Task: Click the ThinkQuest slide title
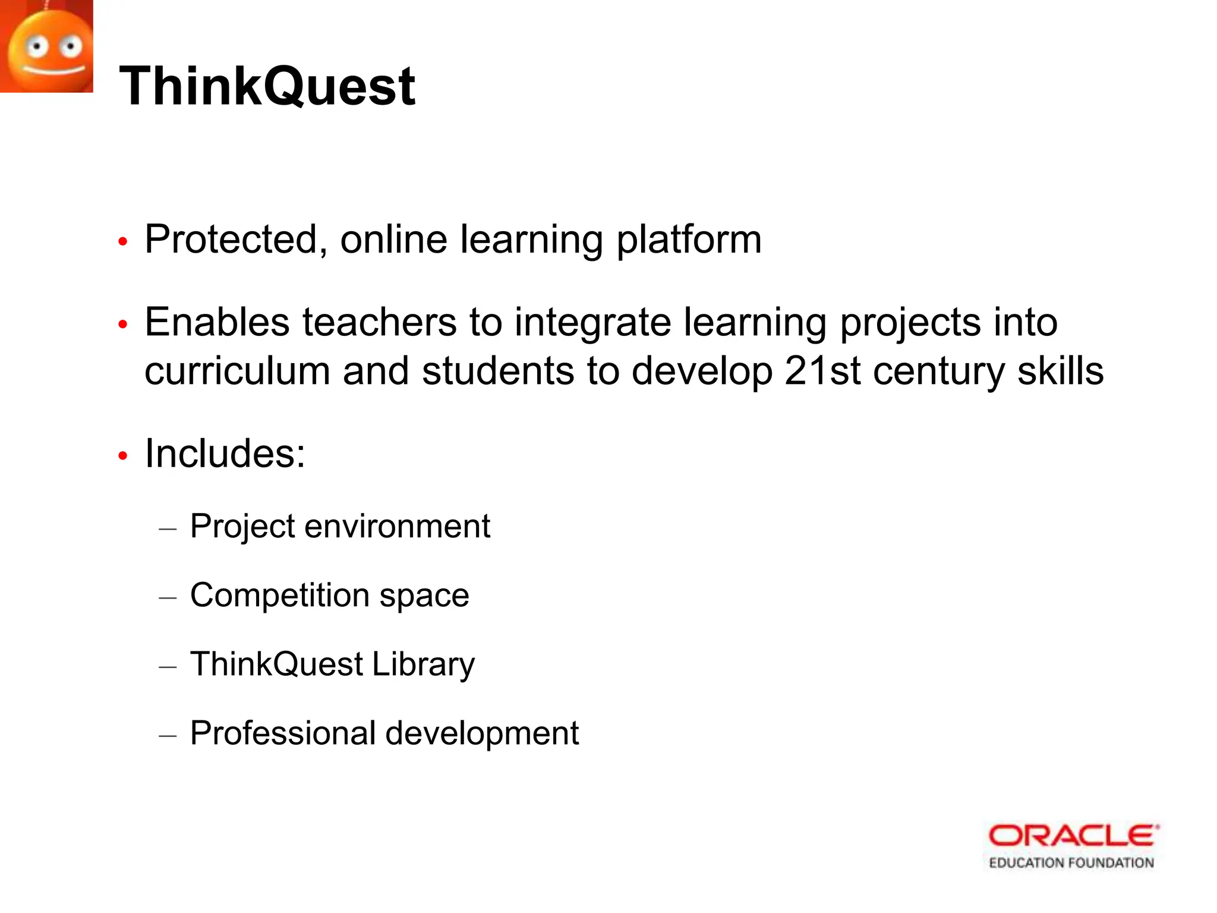tap(267, 87)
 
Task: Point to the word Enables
tap(217, 322)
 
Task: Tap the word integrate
tap(592, 322)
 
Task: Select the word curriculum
tap(237, 371)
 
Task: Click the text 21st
tap(822, 371)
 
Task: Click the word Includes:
tap(225, 454)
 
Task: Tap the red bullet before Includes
tap(123, 456)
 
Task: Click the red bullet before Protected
tap(123, 242)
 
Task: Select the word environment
tap(397, 526)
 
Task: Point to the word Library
tap(423, 664)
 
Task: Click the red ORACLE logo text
tap(1073, 836)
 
